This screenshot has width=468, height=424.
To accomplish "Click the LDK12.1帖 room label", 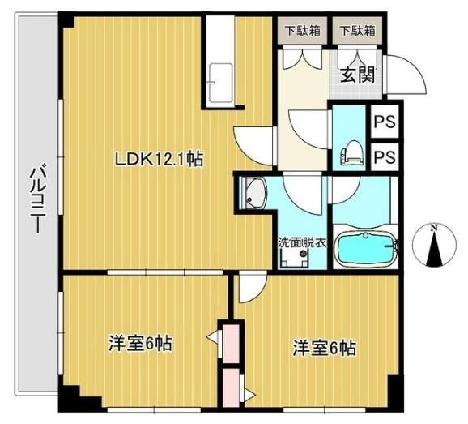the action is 159,159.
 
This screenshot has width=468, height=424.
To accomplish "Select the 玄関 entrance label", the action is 358,75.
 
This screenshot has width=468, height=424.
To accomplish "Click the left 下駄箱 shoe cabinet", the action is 302,31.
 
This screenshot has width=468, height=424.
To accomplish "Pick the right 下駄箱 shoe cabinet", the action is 357,31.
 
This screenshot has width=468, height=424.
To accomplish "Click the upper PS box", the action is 385,122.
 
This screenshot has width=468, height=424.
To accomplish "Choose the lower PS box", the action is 385,156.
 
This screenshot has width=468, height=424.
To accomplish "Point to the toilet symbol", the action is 352,153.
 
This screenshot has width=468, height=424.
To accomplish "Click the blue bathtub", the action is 366,249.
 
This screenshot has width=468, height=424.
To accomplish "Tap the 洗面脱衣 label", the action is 301,242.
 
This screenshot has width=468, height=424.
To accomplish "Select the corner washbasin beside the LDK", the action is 253,192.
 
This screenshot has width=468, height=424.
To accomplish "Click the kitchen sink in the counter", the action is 220,83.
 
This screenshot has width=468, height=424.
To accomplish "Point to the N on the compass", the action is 434,229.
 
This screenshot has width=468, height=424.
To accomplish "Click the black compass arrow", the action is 434,249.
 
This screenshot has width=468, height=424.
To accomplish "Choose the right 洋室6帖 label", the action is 325,348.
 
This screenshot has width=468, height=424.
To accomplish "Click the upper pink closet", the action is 231,344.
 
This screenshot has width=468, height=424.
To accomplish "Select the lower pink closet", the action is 231,388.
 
